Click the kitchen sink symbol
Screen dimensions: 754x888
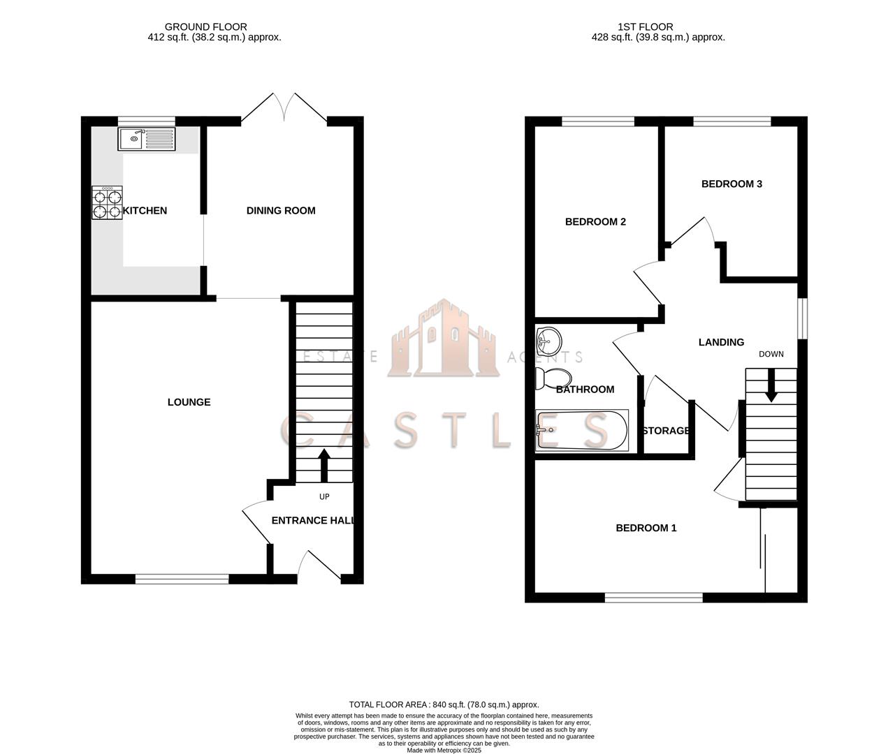pos(147,139)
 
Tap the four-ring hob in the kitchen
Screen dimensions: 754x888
pos(107,202)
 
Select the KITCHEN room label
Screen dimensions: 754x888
pos(145,211)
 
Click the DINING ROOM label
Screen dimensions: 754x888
pos(281,211)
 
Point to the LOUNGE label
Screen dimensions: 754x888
pos(189,402)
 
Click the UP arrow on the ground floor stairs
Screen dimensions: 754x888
pos(324,466)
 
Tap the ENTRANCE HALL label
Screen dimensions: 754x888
pos(312,521)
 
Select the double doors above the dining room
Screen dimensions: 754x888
pos(284,108)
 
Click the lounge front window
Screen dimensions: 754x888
pos(182,579)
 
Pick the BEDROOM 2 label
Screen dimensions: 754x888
pos(595,222)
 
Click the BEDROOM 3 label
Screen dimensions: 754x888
pos(731,184)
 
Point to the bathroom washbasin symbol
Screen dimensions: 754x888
pos(548,341)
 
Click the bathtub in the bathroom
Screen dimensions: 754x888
pos(581,430)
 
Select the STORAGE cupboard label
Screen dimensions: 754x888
pos(666,431)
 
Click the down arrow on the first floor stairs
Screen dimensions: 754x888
pos(771,385)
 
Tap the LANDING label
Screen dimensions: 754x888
pos(721,342)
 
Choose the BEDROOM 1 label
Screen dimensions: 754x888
pos(646,528)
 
